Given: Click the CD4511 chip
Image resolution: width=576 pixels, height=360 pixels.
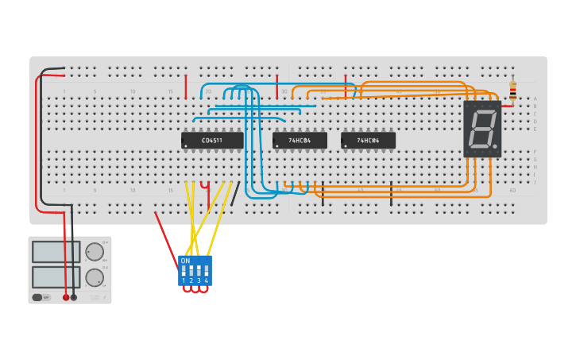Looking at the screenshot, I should (x=212, y=141).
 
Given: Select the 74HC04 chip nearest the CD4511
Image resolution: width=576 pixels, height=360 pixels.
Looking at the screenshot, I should (x=300, y=141).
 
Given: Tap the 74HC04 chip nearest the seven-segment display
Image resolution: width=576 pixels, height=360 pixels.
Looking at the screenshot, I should (x=368, y=141).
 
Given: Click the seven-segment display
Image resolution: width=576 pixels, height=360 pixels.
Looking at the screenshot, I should (x=482, y=128).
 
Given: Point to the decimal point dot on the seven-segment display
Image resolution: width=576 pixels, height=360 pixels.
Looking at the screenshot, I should (x=495, y=147).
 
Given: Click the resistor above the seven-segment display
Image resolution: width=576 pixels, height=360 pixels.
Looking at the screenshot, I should (x=512, y=91).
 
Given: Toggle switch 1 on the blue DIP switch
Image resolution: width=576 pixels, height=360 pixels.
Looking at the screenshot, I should (x=184, y=271).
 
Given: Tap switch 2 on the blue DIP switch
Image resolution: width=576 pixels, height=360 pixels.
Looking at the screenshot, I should (x=191, y=271).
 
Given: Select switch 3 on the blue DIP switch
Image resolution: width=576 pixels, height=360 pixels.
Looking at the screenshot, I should (x=199, y=271).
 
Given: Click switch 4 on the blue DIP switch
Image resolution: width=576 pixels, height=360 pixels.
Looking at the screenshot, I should (x=207, y=271).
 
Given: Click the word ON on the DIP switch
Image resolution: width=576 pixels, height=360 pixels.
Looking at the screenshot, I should (x=186, y=261).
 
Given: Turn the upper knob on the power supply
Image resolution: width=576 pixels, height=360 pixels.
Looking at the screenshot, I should (x=95, y=252).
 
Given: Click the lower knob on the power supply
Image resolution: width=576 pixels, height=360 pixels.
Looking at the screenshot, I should (x=95, y=278).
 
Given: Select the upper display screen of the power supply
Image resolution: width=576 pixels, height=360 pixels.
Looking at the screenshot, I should (x=56, y=252).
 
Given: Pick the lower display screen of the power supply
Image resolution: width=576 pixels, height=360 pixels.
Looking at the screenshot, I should (x=56, y=277).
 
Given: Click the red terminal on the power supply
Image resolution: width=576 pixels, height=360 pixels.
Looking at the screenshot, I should (x=66, y=297).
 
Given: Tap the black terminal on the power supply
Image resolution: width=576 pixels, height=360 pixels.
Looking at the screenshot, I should (x=74, y=297).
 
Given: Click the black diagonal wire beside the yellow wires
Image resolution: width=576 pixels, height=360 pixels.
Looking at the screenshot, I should (x=235, y=193).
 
